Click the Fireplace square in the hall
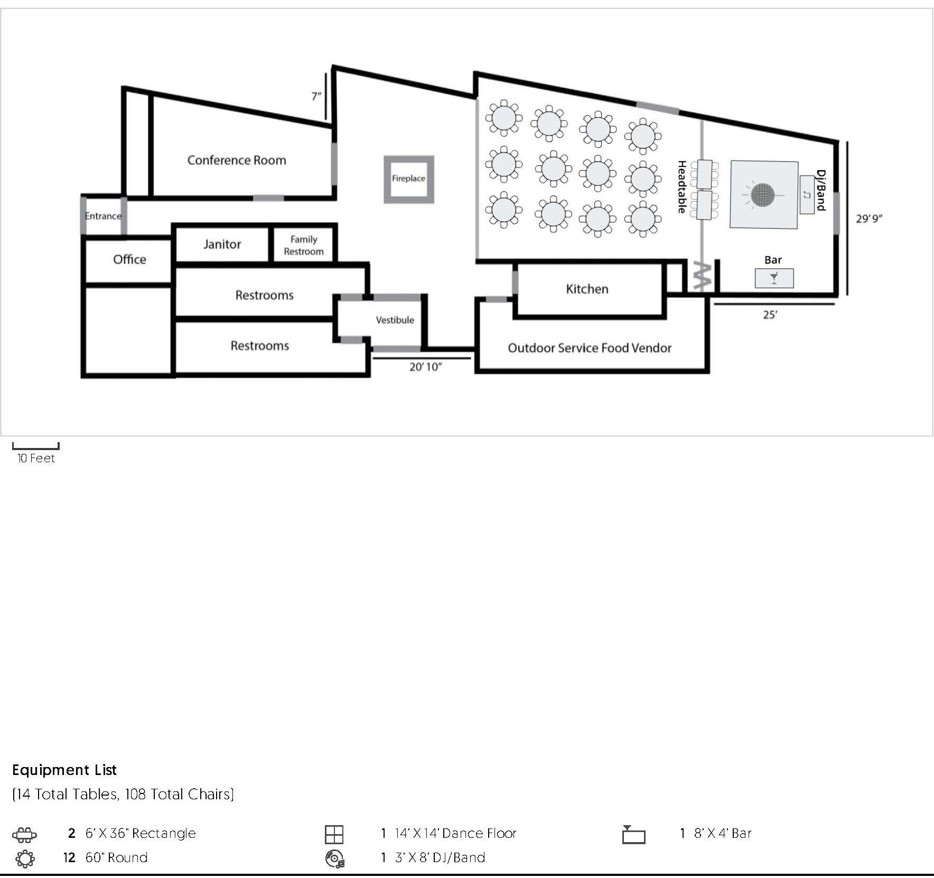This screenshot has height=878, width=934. coord(409,157)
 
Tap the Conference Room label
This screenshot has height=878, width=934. coord(237,160)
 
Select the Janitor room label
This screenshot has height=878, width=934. coord(222,244)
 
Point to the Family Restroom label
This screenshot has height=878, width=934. coord(304,245)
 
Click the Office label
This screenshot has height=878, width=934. coord(129,259)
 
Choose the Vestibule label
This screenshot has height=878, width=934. coord(395,320)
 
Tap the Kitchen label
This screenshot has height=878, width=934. coord(587,289)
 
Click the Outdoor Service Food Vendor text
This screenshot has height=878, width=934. coord(590,348)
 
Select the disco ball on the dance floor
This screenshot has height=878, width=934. coord(762,195)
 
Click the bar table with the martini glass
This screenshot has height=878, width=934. coord(774,278)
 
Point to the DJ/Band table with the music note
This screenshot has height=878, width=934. coord(807,194)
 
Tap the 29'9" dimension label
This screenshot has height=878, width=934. coord(869,218)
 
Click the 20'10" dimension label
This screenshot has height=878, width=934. coord(425,367)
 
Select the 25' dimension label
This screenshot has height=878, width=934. coord(770,315)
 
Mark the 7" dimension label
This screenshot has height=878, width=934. coord(316,96)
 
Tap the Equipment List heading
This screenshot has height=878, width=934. coord(64,770)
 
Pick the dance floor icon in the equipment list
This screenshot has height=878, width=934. coord(334,835)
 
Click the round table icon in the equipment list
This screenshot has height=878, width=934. coord(25,858)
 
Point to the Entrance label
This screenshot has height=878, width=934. coord(103,216)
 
